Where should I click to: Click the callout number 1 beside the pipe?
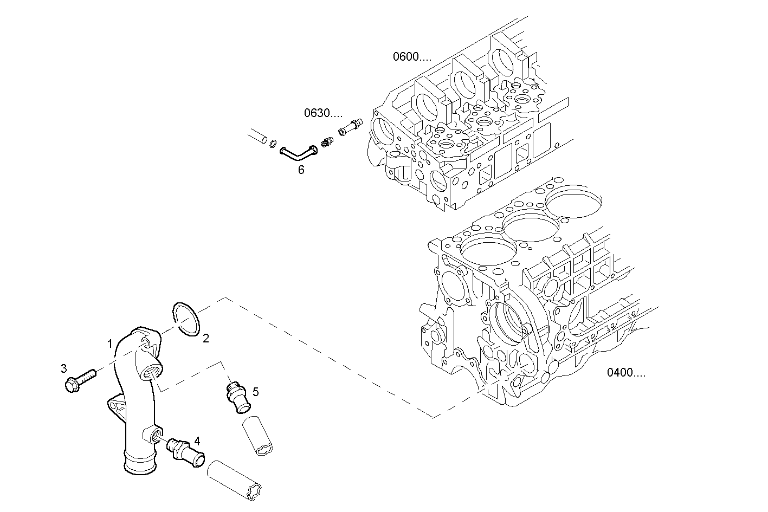(x=110, y=344)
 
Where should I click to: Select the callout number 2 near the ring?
(x=205, y=339)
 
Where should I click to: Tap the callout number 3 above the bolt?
(x=64, y=368)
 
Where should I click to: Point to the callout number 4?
(x=197, y=440)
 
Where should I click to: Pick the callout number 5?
(x=255, y=391)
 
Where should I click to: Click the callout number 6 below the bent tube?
(x=301, y=170)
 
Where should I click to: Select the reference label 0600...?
(x=412, y=56)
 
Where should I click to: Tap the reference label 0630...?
(x=323, y=113)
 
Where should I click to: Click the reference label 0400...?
(x=626, y=373)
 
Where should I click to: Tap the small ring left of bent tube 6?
(x=274, y=144)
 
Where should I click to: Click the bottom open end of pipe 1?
(x=138, y=465)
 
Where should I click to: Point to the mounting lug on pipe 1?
(x=115, y=403)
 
